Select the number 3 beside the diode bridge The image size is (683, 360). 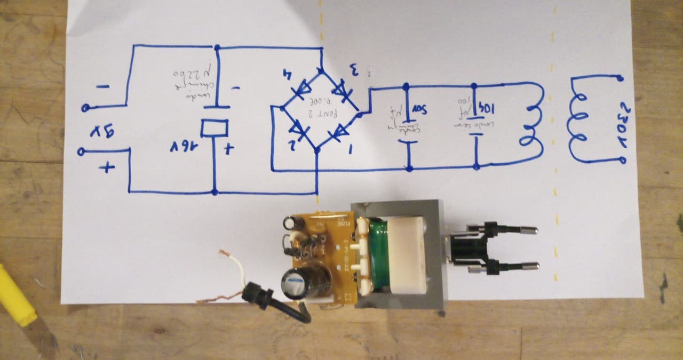click(x=352, y=70)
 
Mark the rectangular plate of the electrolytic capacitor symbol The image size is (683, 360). click(x=215, y=128)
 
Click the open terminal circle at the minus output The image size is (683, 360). click(x=85, y=108)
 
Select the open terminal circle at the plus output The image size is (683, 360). click(x=81, y=152)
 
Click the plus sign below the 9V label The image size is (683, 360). click(x=107, y=168)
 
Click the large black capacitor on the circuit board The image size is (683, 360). click(x=296, y=282)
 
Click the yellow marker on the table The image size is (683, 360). click(x=16, y=296)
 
